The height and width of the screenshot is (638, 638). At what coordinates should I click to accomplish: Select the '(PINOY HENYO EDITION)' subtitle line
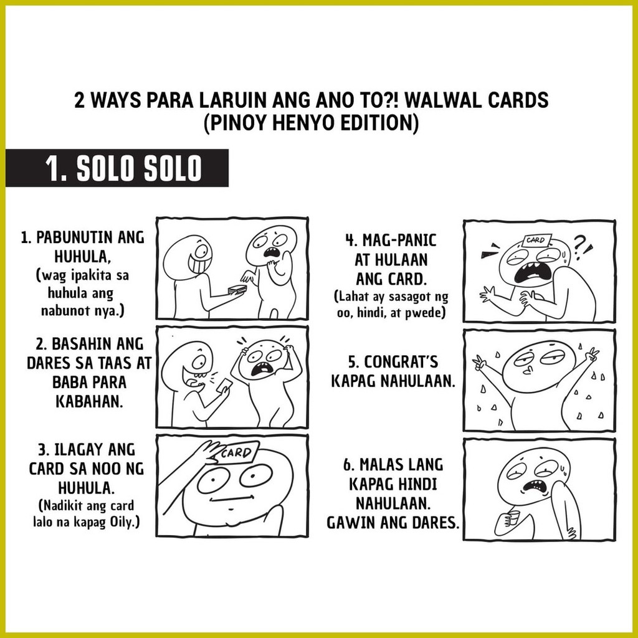pos(310,123)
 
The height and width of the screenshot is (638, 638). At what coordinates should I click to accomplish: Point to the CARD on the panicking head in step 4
pos(535,240)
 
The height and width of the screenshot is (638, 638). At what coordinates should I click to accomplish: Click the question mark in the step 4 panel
pos(581,242)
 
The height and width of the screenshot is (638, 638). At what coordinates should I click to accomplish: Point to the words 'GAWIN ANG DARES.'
pos(393,521)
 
